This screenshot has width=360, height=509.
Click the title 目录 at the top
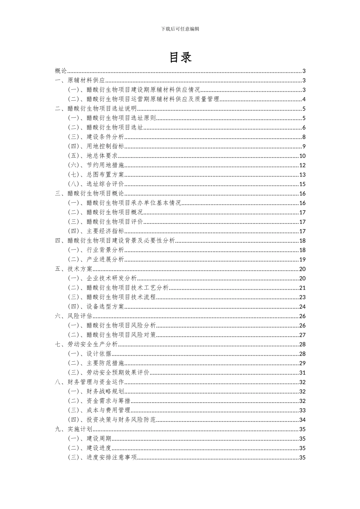click(x=180, y=57)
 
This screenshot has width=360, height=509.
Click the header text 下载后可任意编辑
click(x=180, y=29)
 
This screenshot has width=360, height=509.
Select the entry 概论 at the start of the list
click(x=61, y=71)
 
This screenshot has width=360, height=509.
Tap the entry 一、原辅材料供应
click(x=80, y=80)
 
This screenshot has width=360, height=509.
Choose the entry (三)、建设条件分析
click(x=96, y=137)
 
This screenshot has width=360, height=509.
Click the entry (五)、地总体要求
click(x=93, y=156)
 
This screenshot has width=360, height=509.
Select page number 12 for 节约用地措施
click(x=302, y=165)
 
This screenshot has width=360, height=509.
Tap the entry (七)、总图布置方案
click(x=96, y=175)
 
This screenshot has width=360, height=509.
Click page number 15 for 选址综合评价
click(x=302, y=184)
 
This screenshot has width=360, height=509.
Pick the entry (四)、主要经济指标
click(x=96, y=231)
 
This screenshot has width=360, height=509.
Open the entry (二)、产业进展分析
click(x=96, y=259)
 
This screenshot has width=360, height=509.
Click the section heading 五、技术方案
click(x=74, y=269)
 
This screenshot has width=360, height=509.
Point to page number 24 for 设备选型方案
click(x=302, y=307)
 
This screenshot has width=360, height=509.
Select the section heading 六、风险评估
click(x=74, y=316)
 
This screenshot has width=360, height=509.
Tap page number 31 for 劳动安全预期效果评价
click(x=302, y=373)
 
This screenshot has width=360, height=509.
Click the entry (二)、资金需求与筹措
click(x=99, y=401)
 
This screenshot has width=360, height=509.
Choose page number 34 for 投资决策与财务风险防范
click(x=302, y=420)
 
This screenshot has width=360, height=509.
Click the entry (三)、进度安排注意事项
click(x=102, y=457)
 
